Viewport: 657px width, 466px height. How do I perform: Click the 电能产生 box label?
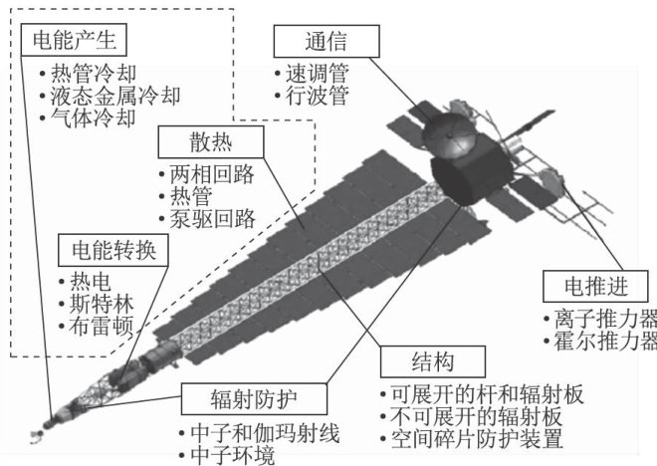(76, 42)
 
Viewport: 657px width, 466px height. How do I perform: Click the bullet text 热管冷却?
(91, 75)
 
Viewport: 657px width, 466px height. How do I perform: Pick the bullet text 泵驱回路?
(213, 216)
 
